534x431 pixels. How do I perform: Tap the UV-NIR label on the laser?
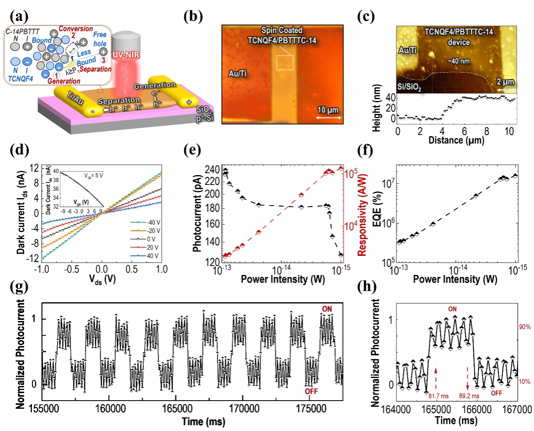pos(126,55)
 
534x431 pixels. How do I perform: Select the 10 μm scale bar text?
pos(328,110)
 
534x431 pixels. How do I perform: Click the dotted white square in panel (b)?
pos(285,63)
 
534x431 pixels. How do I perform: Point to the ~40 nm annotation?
pos(458,61)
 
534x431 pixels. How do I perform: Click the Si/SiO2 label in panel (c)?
pos(409,87)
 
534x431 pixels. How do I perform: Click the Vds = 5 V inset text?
pos(94,176)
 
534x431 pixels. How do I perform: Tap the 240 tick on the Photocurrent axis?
pos(212,170)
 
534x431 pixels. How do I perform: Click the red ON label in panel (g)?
pos(327,309)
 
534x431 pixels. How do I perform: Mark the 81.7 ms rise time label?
pos(439,396)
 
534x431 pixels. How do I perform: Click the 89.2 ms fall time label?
pos(469,396)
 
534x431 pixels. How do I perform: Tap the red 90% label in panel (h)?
pos(524,327)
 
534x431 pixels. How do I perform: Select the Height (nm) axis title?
pos(377,108)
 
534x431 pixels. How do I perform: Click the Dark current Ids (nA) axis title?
pos(21,213)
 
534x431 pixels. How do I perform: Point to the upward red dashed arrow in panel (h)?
pos(436,378)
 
